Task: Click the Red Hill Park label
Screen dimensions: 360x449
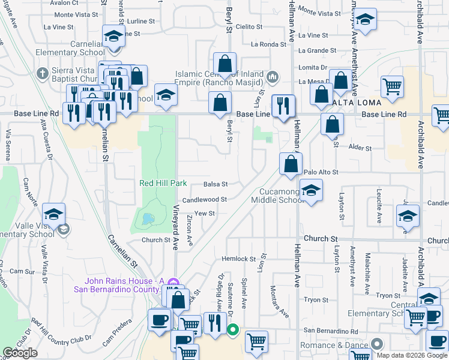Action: [x=163, y=183]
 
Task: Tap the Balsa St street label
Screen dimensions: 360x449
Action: [x=215, y=185]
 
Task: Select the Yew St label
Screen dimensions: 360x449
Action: [x=204, y=214]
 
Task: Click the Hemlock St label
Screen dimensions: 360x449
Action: [x=234, y=259]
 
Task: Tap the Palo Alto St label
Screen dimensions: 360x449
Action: [x=322, y=172]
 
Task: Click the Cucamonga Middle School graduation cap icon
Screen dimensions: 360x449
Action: [x=310, y=191]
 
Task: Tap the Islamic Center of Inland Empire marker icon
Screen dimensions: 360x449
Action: [x=273, y=76]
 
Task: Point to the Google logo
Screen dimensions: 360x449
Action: [x=20, y=353]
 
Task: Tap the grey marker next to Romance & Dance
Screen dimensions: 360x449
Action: [x=376, y=344]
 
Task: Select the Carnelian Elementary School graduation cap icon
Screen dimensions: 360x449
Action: [x=113, y=37]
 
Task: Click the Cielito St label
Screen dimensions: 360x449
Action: [x=249, y=27]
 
